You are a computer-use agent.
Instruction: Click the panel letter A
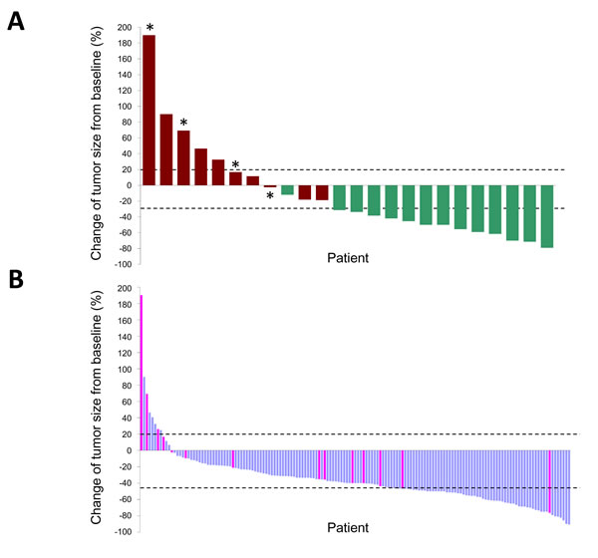click(16, 22)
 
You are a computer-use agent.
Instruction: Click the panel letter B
click(16, 282)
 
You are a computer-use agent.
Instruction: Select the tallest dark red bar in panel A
click(149, 110)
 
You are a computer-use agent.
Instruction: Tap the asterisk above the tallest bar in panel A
click(149, 28)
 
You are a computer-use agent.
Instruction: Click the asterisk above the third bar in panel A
click(184, 123)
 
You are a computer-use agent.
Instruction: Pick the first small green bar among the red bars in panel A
click(287, 189)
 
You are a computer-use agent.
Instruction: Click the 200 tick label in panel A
click(124, 27)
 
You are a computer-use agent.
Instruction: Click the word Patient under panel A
click(348, 258)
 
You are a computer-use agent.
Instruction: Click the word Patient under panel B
click(348, 526)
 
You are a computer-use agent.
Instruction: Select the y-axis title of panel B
click(99, 410)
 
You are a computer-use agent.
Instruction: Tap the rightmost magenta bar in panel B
click(549, 481)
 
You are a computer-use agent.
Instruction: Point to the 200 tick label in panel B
click(124, 288)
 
